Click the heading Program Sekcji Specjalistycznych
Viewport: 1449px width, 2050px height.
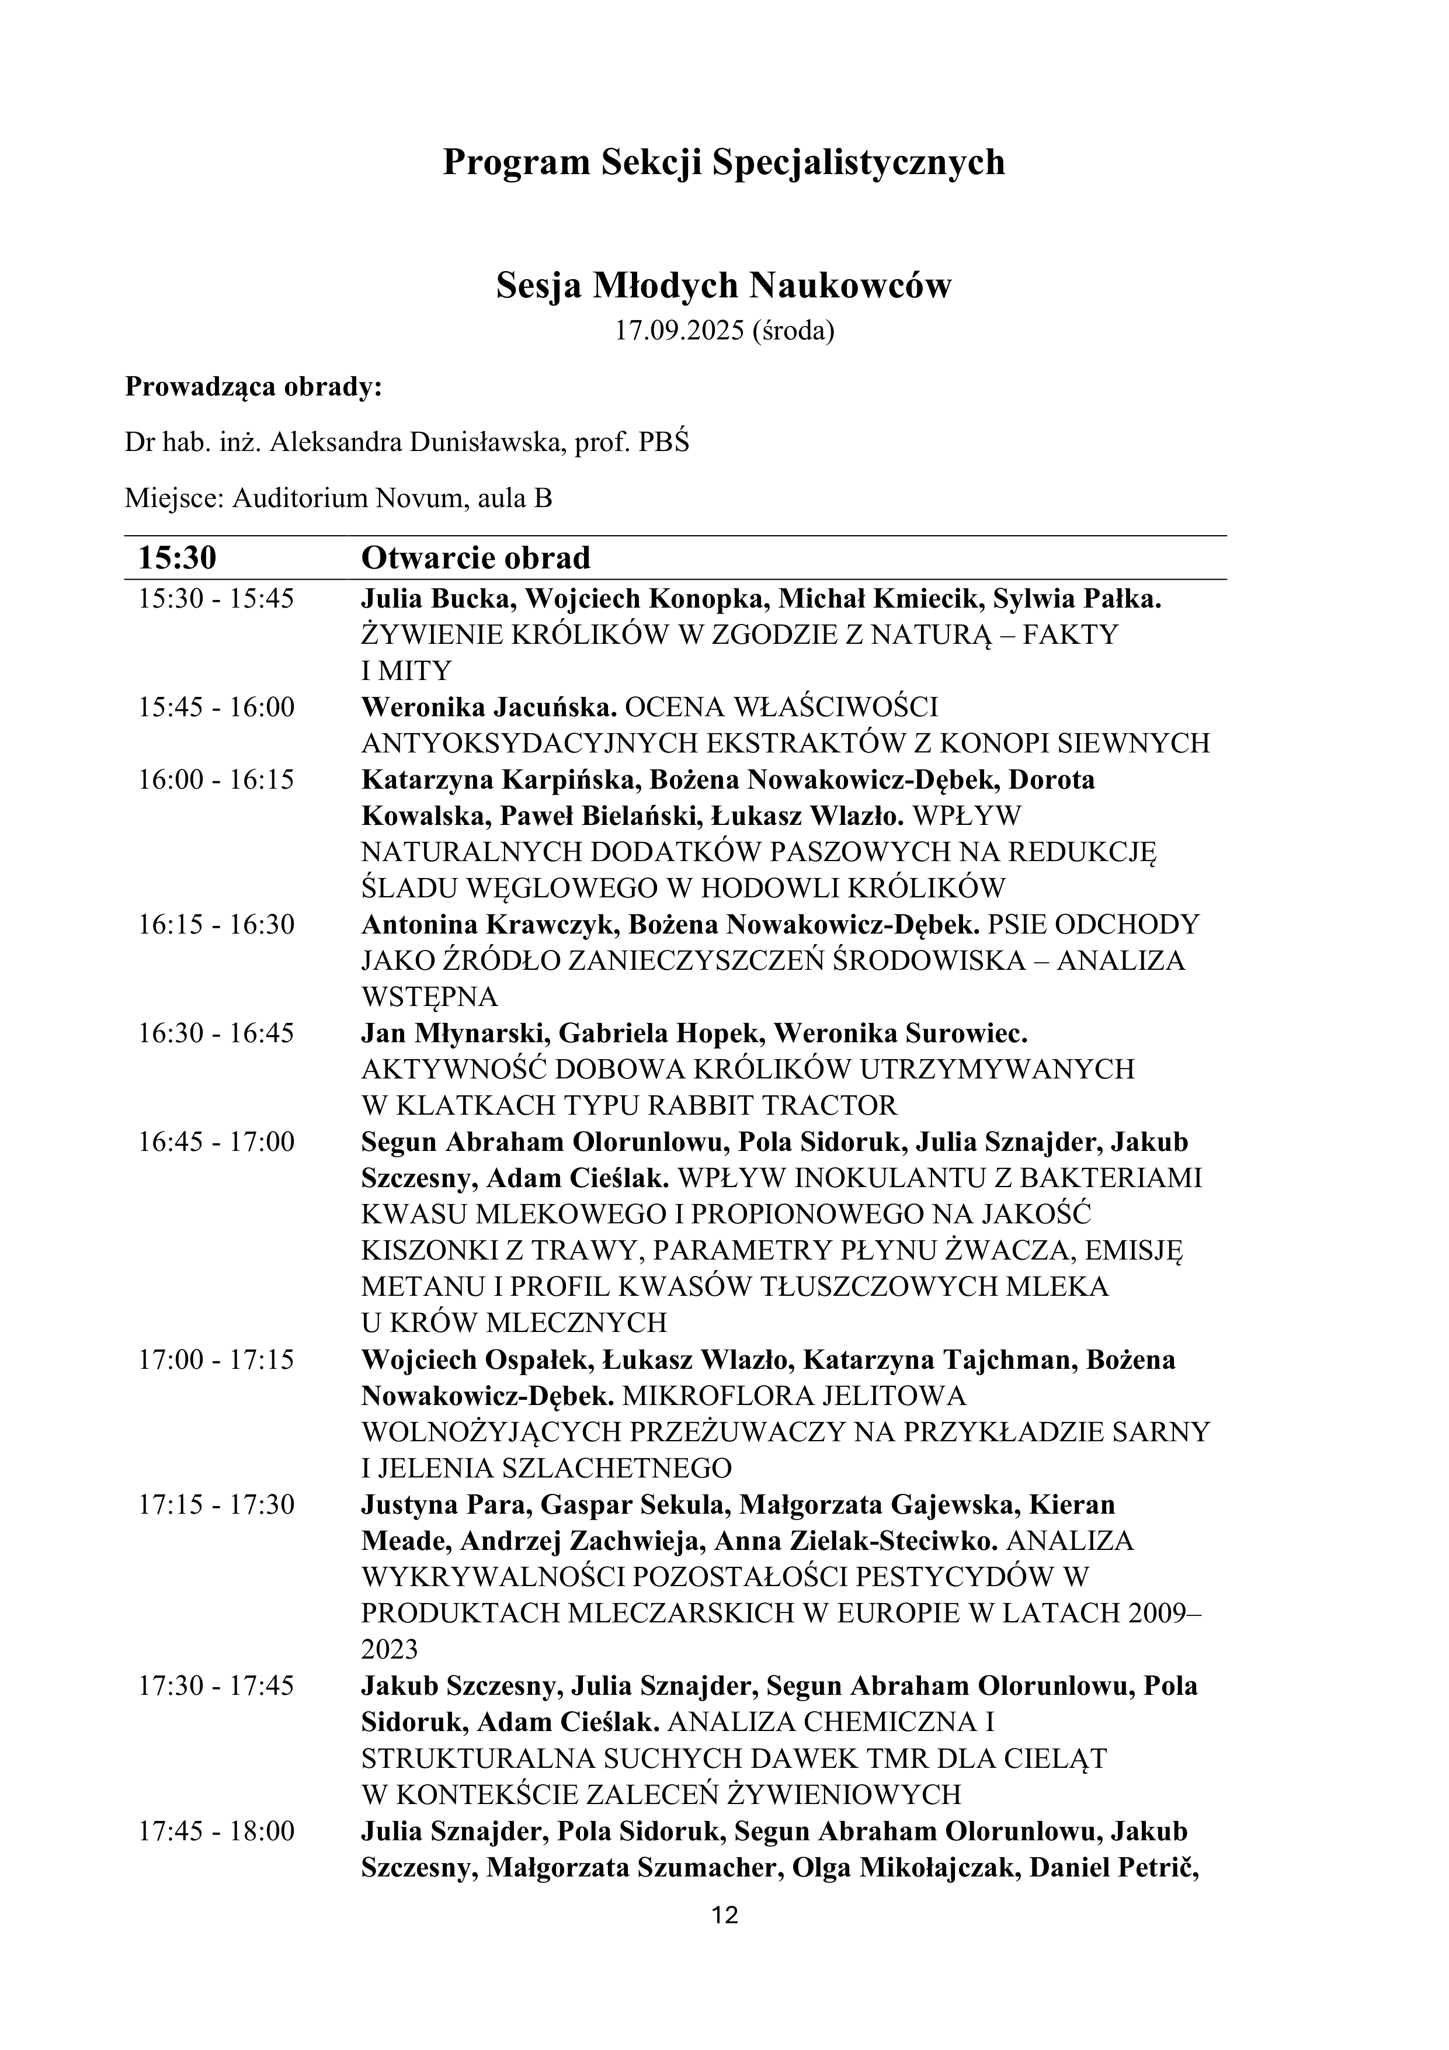click(724, 162)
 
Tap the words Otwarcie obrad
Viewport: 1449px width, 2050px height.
click(476, 557)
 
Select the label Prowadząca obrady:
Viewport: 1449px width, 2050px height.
click(253, 387)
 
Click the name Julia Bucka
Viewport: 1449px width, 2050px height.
click(435, 598)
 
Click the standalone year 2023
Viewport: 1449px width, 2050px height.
click(389, 1649)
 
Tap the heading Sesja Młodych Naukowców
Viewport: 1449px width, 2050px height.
click(724, 286)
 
